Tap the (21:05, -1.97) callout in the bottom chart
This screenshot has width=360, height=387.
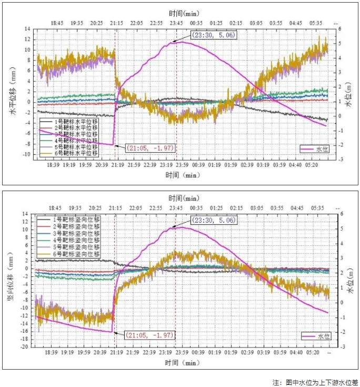[151, 335]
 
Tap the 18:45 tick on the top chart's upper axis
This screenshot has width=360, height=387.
[57, 23]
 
